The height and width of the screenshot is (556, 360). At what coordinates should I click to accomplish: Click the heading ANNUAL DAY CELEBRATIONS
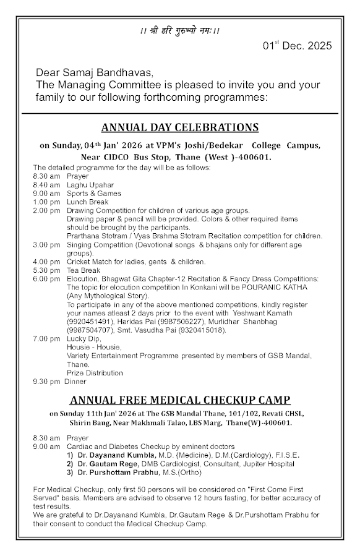179,127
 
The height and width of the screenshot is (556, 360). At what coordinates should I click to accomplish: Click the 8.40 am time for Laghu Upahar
46,184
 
